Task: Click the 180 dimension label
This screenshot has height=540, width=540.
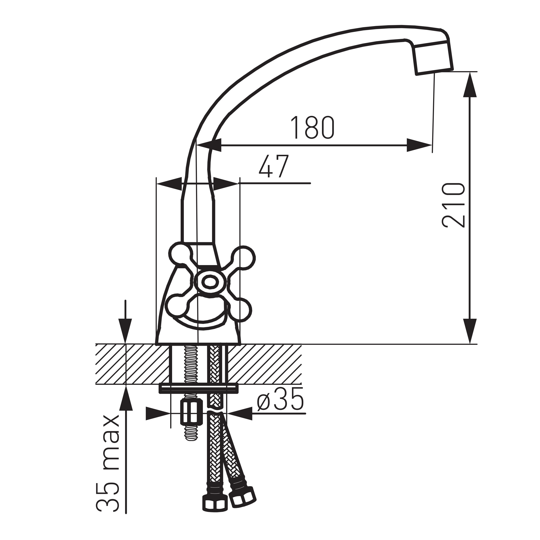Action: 313,127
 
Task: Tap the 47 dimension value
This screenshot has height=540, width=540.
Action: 274,166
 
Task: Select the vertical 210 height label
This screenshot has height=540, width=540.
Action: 453,205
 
